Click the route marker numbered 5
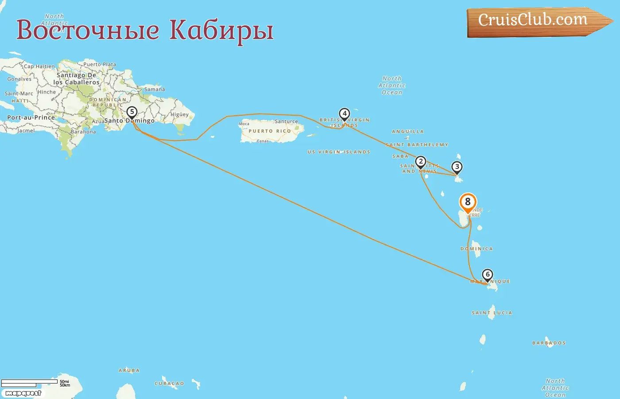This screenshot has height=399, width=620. [x=132, y=112]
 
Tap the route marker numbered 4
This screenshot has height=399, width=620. [x=344, y=114]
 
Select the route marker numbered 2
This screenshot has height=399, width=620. [x=421, y=162]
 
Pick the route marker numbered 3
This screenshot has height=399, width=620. [x=457, y=167]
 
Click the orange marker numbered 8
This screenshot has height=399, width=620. [x=468, y=202]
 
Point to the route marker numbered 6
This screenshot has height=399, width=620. [x=488, y=275]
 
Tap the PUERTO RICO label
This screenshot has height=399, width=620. [x=270, y=131]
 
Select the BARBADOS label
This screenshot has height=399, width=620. [x=549, y=343]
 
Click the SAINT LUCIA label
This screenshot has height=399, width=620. [x=492, y=313]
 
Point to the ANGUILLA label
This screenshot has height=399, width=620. [x=408, y=132]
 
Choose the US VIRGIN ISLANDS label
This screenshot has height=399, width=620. [x=339, y=152]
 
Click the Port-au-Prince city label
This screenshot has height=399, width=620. [x=31, y=118]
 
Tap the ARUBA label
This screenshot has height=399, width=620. [x=129, y=371]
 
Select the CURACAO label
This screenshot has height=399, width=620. [x=169, y=384]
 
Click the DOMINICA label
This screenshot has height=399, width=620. [x=477, y=249]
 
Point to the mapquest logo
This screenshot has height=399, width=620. [x=23, y=393]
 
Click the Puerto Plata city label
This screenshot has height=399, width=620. [x=100, y=64]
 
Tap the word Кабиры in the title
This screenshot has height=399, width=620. [x=221, y=30]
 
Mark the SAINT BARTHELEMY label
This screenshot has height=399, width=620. [x=417, y=145]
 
